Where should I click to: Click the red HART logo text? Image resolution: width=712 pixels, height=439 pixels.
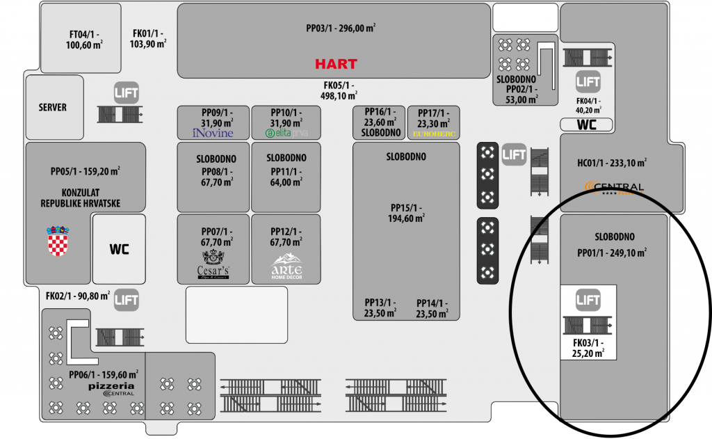[x=336, y=64]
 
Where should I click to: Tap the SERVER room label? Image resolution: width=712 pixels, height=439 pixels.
[x=53, y=107]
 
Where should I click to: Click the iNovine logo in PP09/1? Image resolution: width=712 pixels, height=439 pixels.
[x=213, y=133]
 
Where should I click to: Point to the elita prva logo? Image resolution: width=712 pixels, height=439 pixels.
[x=286, y=133]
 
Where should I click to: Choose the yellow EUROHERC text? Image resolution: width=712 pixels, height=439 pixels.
[x=432, y=132]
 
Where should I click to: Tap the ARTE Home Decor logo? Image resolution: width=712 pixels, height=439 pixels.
[x=286, y=265]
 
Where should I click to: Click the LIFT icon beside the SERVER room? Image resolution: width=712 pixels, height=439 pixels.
[x=127, y=92]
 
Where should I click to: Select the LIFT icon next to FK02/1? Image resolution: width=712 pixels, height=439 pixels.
[x=127, y=300]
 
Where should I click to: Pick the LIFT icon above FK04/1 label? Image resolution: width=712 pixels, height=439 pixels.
[x=588, y=82]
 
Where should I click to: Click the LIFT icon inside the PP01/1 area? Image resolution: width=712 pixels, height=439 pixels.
[x=588, y=300]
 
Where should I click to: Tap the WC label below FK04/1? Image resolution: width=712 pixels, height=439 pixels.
[x=588, y=125]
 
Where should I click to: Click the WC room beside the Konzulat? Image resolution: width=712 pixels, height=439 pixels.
[x=119, y=249]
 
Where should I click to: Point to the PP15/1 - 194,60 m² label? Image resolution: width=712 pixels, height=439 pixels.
[x=406, y=213]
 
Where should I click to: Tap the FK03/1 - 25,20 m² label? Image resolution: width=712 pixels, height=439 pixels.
[x=588, y=348]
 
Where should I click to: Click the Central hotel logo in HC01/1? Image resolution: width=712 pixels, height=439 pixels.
[x=615, y=188]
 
